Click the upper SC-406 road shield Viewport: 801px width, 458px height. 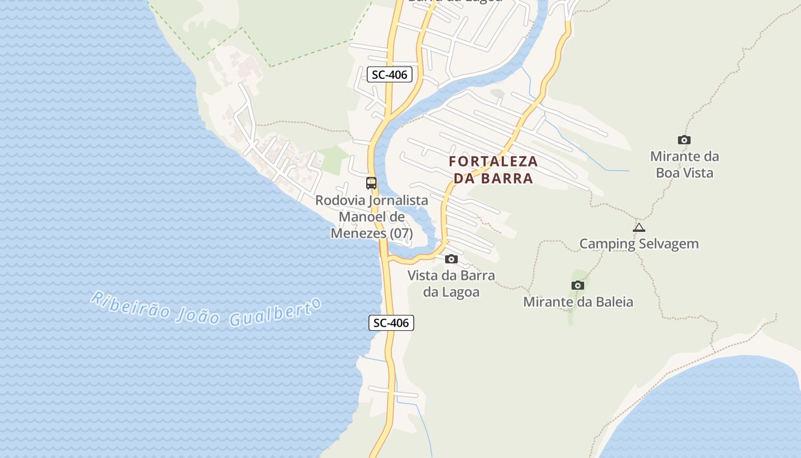[x=389, y=74]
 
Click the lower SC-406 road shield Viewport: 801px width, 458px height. [x=391, y=323]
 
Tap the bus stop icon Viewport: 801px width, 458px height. [x=371, y=183]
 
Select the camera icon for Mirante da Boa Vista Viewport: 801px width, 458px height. [x=684, y=140]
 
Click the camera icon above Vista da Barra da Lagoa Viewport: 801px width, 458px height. [x=451, y=259]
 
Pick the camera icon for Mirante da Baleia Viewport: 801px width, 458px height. [x=578, y=285]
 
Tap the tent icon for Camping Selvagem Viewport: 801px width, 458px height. [x=639, y=227]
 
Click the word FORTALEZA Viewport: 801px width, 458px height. [x=493, y=161]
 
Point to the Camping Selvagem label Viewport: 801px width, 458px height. [x=639, y=243]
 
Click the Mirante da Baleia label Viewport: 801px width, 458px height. [x=578, y=302]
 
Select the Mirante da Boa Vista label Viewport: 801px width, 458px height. [x=684, y=164]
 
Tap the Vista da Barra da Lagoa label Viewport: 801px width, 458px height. [x=451, y=283]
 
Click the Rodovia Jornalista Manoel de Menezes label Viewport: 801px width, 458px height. [x=371, y=217]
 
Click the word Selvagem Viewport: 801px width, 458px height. [x=669, y=243]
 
